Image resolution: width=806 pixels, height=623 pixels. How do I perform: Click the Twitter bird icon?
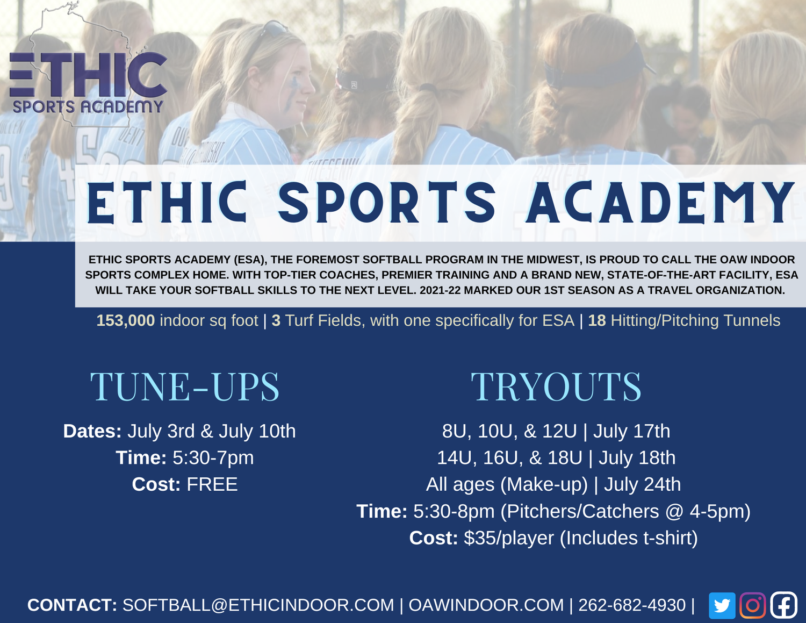[x=722, y=606]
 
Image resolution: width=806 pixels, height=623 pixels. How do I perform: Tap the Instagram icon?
[x=752, y=606]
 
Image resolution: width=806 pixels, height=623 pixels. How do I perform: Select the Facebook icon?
[x=783, y=606]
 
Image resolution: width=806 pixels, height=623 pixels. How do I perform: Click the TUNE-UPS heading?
[x=184, y=386]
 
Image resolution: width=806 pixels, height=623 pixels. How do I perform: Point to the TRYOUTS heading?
[x=556, y=386]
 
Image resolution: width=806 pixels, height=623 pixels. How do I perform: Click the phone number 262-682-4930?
[x=632, y=605]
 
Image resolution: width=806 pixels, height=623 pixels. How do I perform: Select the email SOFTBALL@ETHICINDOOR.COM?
[x=258, y=605]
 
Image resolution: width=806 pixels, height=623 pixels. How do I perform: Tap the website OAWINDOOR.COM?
[x=486, y=605]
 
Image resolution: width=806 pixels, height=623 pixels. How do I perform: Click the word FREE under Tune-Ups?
[x=212, y=485]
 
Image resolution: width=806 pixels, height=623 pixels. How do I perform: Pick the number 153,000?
[x=125, y=321]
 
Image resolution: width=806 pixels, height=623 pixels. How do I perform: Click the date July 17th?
[x=631, y=431]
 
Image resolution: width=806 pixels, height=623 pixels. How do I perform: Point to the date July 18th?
[x=637, y=458]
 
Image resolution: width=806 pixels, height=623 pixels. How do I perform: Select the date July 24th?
[x=642, y=485]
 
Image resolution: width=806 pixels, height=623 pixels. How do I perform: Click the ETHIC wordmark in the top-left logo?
[x=88, y=75]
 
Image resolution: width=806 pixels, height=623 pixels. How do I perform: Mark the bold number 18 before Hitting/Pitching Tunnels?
[x=596, y=321]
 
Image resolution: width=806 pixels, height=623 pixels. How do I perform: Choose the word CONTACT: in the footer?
[x=72, y=605]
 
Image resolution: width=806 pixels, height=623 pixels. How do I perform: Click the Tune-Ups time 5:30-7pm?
[x=213, y=458]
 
